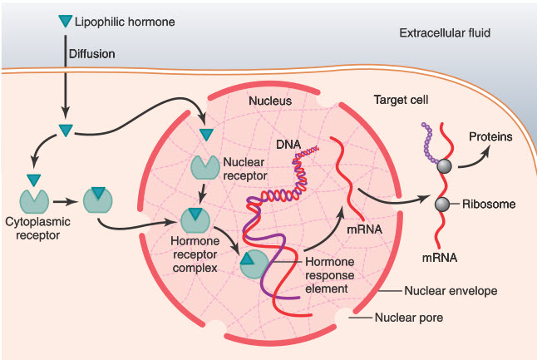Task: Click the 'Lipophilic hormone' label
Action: click(x=126, y=19)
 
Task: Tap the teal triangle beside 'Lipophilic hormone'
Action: click(x=66, y=19)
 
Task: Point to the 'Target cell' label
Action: click(x=401, y=100)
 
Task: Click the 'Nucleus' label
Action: click(x=270, y=101)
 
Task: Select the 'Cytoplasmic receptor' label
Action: click(x=37, y=230)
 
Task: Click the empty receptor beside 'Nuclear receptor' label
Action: click(x=204, y=166)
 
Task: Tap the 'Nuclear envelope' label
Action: click(x=450, y=291)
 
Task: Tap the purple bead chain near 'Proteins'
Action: click(x=430, y=141)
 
